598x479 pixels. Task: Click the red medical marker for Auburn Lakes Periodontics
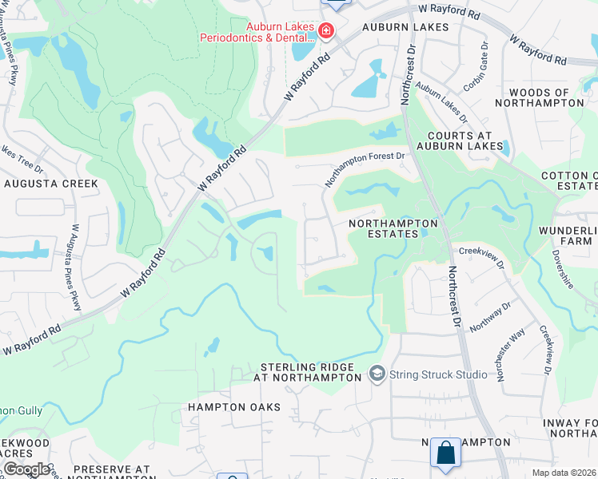[x=325, y=31]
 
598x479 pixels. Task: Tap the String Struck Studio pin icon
[x=377, y=374]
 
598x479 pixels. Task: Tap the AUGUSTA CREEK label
[x=50, y=183]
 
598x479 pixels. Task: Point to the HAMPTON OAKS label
[x=234, y=407]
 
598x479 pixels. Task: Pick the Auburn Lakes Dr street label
[x=437, y=100]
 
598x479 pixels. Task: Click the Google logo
[x=26, y=469]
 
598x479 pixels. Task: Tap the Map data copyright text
[x=564, y=473]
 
